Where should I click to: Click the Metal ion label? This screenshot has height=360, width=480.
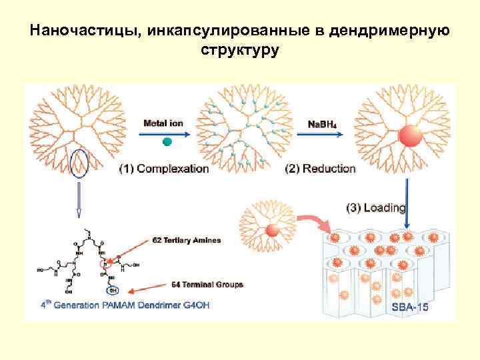point(165,123)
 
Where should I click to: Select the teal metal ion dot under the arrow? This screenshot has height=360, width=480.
point(167,141)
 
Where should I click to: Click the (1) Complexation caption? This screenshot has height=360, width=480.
point(164,169)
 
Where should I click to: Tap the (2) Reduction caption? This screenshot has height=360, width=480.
point(320,169)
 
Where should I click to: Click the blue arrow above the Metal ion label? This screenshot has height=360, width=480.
point(166,133)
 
